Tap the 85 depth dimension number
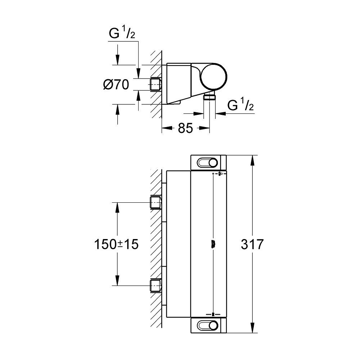[185, 129]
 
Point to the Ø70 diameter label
[116, 85]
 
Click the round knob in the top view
[214, 76]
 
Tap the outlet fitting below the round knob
[209, 96]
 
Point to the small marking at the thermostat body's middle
[213, 244]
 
